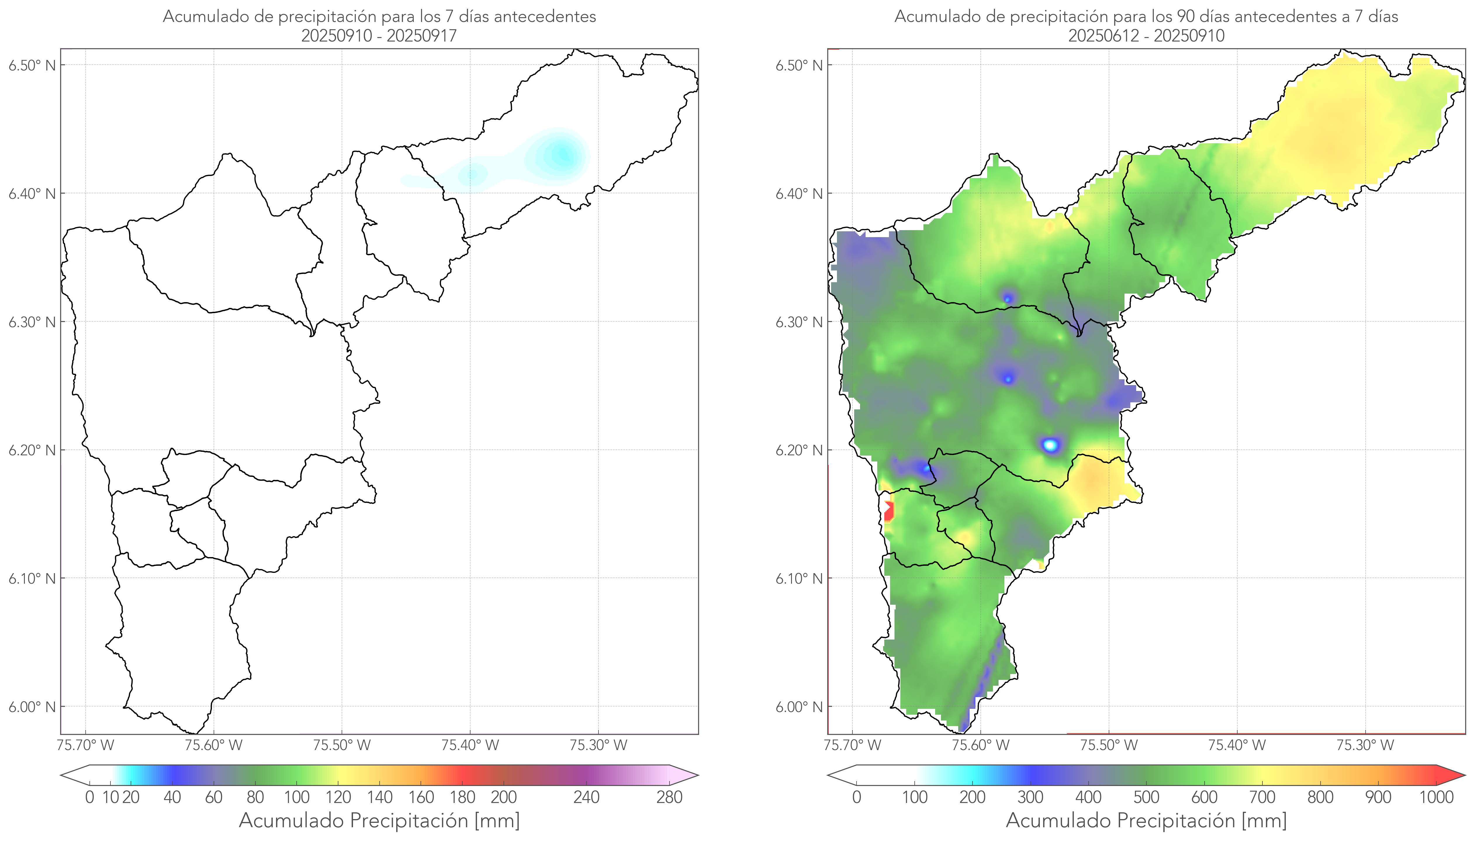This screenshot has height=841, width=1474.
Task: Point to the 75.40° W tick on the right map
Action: tap(1237, 745)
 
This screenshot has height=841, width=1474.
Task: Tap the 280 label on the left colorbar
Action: tap(669, 798)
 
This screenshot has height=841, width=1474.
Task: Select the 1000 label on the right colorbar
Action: tap(1436, 798)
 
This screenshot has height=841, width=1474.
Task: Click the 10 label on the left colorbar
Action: tap(110, 798)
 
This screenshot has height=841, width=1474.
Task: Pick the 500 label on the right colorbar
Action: tap(1146, 798)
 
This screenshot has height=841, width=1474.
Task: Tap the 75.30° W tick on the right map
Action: tap(1365, 745)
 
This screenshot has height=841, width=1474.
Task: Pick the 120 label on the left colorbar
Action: tap(338, 798)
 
